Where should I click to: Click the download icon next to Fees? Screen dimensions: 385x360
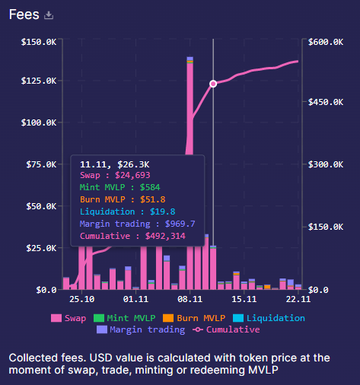pyautogui.click(x=49, y=15)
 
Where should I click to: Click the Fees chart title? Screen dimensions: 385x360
pyautogui.click(x=24, y=14)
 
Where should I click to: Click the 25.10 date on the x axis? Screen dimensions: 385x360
pyautogui.click(x=81, y=300)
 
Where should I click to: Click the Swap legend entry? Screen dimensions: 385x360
pyautogui.click(x=68, y=318)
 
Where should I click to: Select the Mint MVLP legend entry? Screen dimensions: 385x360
pyautogui.click(x=119, y=318)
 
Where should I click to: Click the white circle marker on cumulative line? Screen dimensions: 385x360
pyautogui.click(x=213, y=84)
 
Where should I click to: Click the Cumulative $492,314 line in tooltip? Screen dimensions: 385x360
pyautogui.click(x=133, y=236)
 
